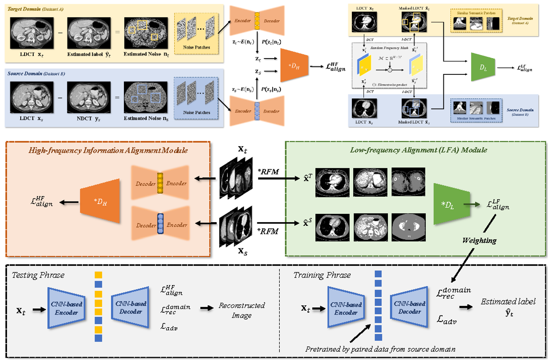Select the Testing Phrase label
(38, 275)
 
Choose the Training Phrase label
(322, 275)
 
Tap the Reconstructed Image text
(242, 311)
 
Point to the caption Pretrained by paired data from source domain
(380, 349)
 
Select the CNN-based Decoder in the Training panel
(410, 308)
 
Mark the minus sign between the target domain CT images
(61, 32)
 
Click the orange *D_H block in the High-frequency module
(100, 201)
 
